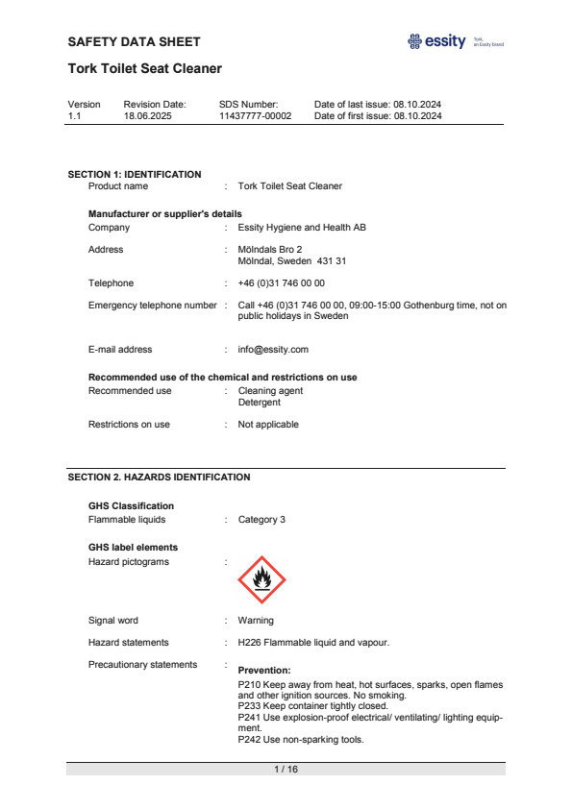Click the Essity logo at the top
click(437, 41)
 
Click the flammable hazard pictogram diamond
click(261, 578)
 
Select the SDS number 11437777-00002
click(255, 115)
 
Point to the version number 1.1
click(74, 115)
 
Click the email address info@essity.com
click(273, 350)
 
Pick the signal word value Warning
click(256, 621)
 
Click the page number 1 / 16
click(286, 770)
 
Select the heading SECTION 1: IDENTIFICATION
click(135, 175)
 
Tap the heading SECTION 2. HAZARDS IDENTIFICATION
click(159, 477)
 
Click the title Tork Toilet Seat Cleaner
click(145, 68)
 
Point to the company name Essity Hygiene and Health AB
click(302, 228)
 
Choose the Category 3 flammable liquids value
click(261, 520)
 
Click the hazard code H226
click(248, 643)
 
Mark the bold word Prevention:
click(263, 671)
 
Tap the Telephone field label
click(111, 283)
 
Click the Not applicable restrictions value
click(268, 425)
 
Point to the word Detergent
click(260, 403)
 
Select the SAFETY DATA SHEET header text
click(135, 41)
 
